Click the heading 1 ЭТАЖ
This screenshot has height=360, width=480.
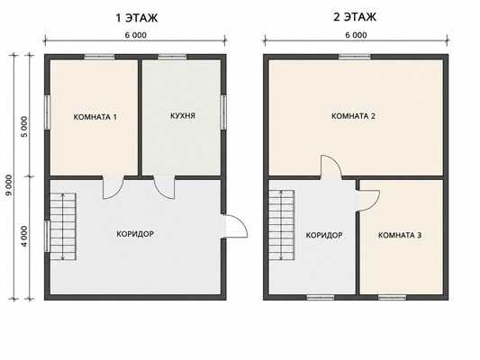(137, 18)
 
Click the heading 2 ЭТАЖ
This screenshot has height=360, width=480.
(355, 17)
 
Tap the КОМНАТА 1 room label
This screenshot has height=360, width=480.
(95, 117)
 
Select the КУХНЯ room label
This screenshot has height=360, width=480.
(183, 116)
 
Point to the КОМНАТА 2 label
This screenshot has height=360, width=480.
(354, 116)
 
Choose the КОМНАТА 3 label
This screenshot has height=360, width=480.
(400, 235)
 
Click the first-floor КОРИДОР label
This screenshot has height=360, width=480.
(135, 234)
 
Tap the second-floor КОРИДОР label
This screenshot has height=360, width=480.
(324, 235)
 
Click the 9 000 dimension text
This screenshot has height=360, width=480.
(9, 185)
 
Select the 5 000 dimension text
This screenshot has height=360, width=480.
(24, 127)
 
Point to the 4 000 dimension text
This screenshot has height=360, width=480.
(24, 236)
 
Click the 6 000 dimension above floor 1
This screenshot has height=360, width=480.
(136, 35)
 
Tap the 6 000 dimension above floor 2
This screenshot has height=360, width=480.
(356, 35)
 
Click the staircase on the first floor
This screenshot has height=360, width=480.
(63, 226)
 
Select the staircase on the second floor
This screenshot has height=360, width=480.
(282, 224)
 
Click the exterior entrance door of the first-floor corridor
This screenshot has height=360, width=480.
(235, 226)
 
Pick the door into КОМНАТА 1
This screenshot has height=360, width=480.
(113, 187)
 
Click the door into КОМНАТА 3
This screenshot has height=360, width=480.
(368, 201)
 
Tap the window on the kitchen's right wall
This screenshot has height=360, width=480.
(223, 112)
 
